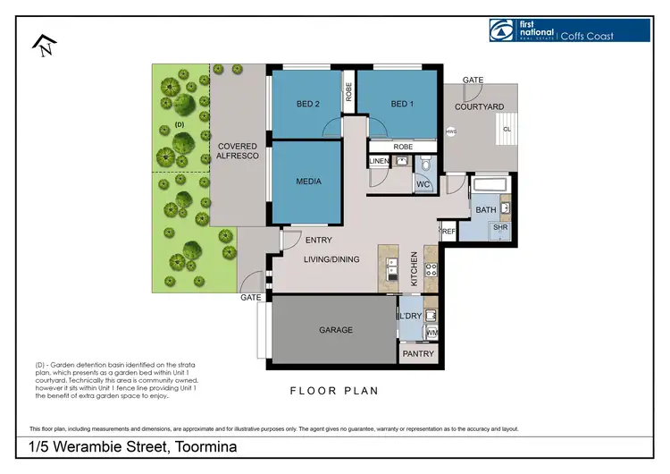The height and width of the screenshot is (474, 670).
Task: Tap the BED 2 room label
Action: (x=307, y=105)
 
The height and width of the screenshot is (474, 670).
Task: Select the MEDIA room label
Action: (x=307, y=182)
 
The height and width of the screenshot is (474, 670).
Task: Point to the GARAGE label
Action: (x=336, y=330)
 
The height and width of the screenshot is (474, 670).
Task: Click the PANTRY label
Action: (x=418, y=354)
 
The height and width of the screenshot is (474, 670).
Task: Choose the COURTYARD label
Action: (x=479, y=107)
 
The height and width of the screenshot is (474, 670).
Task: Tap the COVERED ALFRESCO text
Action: (x=238, y=151)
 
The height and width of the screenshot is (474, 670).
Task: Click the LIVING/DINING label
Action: (x=331, y=259)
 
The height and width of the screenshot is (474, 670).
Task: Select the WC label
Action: (x=423, y=185)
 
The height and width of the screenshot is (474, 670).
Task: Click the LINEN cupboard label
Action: (x=379, y=162)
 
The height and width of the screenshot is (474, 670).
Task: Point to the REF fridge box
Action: (x=448, y=232)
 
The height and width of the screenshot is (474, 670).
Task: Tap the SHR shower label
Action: (x=500, y=228)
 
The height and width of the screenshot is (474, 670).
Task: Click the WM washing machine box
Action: (x=432, y=334)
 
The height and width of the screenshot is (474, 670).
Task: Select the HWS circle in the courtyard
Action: (x=450, y=131)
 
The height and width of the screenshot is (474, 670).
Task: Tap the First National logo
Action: (x=569, y=30)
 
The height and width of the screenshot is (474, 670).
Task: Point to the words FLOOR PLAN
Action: (x=334, y=391)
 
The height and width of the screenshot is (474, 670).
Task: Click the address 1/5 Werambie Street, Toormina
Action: (x=132, y=446)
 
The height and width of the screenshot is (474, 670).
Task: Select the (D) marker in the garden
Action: (x=179, y=124)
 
